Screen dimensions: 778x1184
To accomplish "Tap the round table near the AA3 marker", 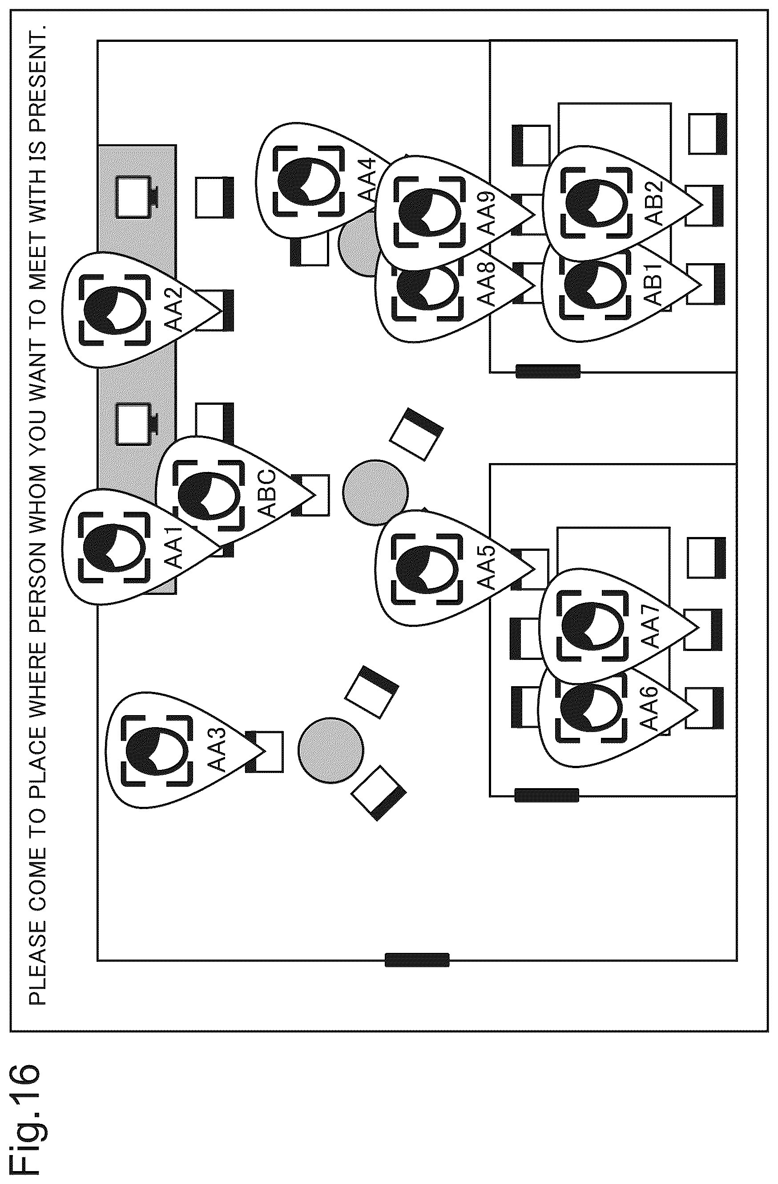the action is [331, 751].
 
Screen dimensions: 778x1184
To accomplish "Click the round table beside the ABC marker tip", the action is [375, 492].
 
